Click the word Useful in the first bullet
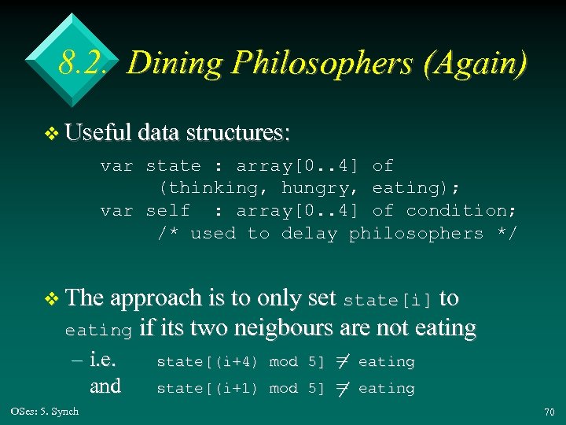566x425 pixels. coord(98,133)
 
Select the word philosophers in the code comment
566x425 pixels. coord(416,234)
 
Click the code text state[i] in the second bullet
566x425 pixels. coord(388,300)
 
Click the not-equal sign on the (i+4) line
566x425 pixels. coord(341,361)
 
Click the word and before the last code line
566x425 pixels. coord(105,386)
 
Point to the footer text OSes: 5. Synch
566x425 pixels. coord(45,412)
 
